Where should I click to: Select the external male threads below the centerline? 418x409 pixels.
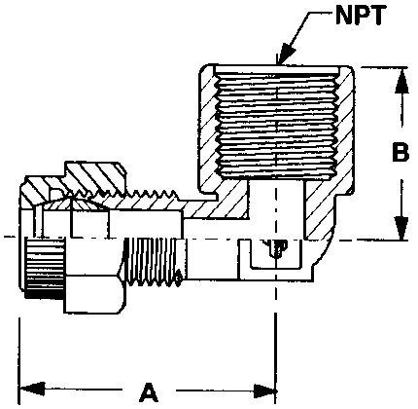click(x=154, y=268)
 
